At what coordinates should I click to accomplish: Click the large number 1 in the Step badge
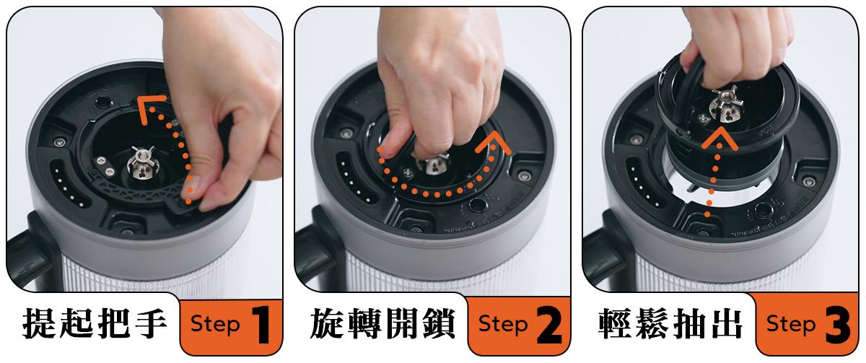(262, 325)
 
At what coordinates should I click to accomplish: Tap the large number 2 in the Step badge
(549, 325)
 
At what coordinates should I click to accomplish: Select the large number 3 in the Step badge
(838, 325)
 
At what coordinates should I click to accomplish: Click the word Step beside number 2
(503, 324)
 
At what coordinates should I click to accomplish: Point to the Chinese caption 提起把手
(95, 324)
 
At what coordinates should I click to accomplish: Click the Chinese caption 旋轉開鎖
(382, 324)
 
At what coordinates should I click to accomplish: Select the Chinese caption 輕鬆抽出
(670, 324)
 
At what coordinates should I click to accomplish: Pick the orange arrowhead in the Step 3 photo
(720, 139)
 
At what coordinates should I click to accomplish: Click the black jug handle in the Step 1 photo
(29, 248)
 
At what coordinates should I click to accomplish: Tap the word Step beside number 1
(215, 324)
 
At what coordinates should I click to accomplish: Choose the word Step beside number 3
(792, 324)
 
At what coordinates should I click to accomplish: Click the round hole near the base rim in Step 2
(478, 205)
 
